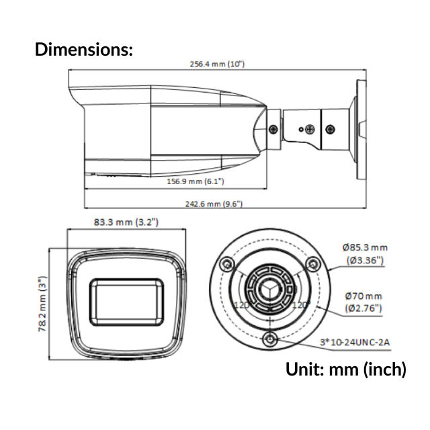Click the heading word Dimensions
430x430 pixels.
(x=83, y=49)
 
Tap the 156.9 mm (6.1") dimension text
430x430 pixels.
(x=195, y=181)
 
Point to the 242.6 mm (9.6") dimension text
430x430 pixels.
(x=214, y=204)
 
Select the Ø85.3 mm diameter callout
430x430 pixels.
(x=365, y=253)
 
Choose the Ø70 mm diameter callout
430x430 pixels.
(x=363, y=302)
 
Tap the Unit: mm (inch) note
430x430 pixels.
(x=346, y=369)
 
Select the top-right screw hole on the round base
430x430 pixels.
(x=311, y=263)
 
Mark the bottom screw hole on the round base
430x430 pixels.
(x=270, y=338)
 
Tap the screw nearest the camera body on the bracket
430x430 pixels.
(x=273, y=128)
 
